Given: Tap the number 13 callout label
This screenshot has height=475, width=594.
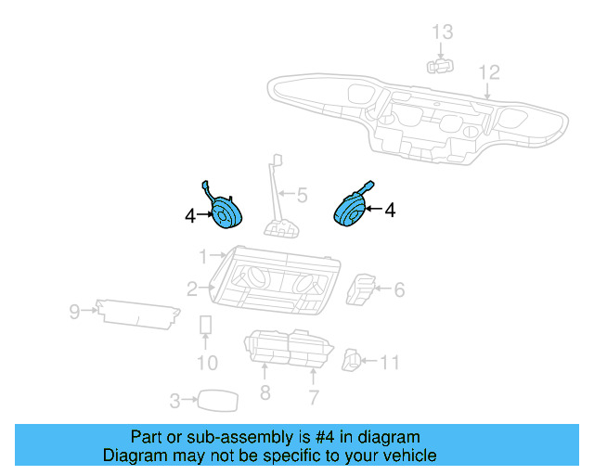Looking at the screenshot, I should [x=443, y=32].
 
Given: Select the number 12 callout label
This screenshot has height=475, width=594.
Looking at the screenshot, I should [x=488, y=71].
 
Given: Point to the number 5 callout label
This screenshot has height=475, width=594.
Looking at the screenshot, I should [x=302, y=196].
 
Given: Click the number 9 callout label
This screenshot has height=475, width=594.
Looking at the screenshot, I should [x=74, y=312].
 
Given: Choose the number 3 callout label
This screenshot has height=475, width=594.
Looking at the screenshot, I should [x=174, y=401].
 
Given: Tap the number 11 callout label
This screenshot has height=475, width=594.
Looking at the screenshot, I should [x=390, y=362].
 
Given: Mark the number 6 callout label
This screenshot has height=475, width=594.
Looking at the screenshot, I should [x=399, y=290].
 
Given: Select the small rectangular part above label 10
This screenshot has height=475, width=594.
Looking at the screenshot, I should [x=206, y=325].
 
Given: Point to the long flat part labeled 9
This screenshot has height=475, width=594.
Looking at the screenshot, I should [x=139, y=313].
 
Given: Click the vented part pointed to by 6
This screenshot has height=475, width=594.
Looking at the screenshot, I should [x=360, y=289].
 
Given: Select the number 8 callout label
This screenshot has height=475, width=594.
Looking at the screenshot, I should [x=265, y=394].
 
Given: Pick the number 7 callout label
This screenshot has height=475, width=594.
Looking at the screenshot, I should [x=314, y=398].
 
